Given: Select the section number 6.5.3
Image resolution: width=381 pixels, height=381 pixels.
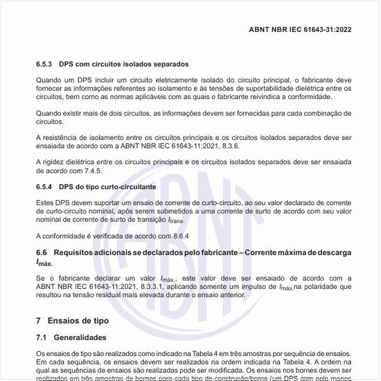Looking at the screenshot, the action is pyautogui.click(x=44, y=64).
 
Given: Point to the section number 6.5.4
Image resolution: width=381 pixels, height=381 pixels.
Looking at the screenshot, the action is pyautogui.click(x=44, y=187).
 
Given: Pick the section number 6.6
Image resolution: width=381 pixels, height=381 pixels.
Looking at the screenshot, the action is pyautogui.click(x=42, y=254).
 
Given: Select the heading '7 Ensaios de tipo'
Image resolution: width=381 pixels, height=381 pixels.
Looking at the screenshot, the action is pyautogui.click(x=72, y=321).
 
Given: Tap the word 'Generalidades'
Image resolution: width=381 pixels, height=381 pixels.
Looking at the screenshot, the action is pyautogui.click(x=81, y=337).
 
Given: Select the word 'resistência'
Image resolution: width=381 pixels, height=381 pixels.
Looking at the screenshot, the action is pyautogui.click(x=62, y=138).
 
